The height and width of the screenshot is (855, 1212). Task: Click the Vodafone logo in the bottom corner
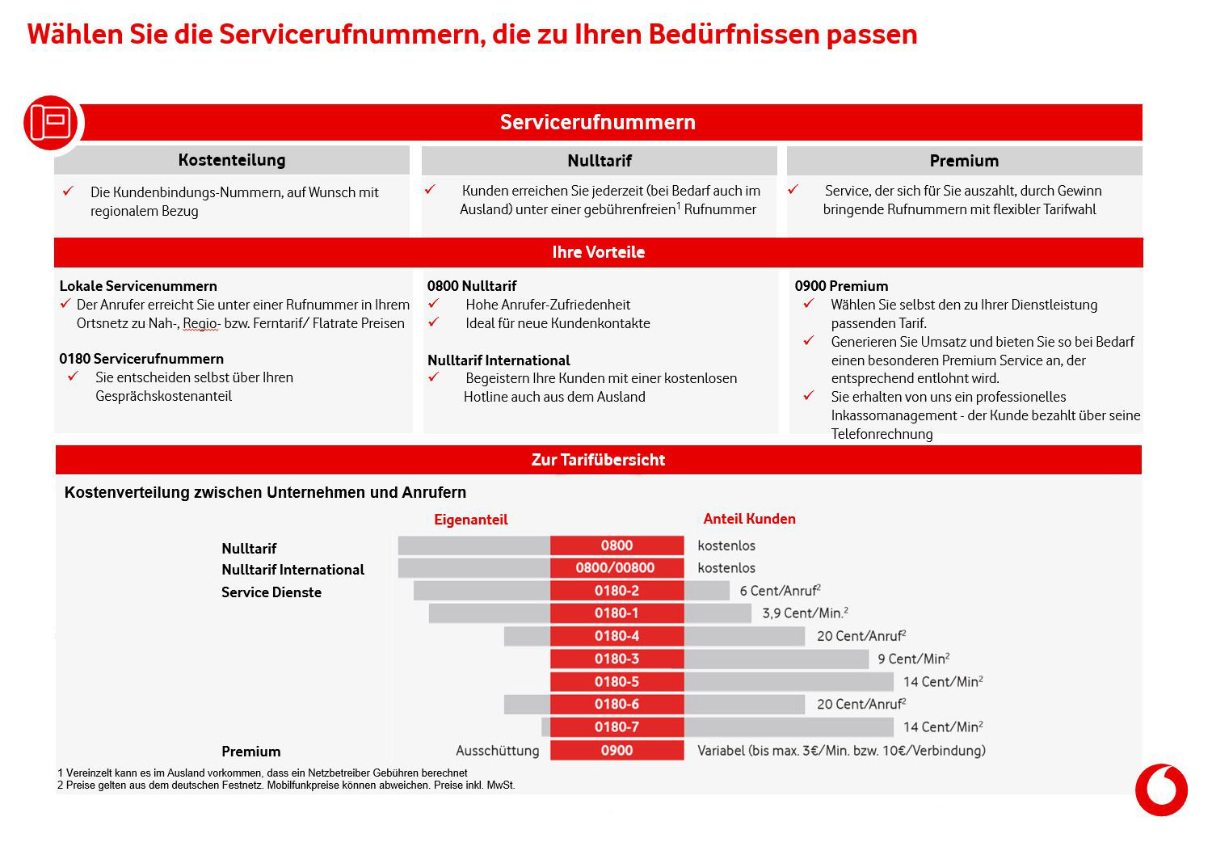point(1161,790)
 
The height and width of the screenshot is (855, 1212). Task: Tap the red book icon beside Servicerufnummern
point(51,123)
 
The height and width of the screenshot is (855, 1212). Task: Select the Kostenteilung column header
point(232,160)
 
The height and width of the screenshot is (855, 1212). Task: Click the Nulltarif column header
point(599,161)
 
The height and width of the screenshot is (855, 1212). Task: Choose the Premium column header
point(964,161)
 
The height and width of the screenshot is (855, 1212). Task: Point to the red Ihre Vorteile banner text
point(598,252)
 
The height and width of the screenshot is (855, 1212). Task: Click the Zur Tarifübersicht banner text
point(598,460)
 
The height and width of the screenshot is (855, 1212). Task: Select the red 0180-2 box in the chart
point(617,591)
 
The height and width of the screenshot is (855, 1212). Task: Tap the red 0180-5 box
point(617,681)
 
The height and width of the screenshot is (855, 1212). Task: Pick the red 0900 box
point(617,751)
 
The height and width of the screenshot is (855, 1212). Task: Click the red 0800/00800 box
point(616,568)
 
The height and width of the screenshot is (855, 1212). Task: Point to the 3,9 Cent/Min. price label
point(805,613)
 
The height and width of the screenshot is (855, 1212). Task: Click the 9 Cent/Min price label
point(913,659)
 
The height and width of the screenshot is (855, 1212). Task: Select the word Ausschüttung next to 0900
point(497,751)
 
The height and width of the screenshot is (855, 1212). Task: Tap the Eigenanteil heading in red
point(470,520)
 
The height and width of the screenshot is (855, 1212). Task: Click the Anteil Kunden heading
point(749,519)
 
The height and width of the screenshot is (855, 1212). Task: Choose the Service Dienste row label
point(271,592)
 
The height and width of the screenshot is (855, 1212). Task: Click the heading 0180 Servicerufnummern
point(141,359)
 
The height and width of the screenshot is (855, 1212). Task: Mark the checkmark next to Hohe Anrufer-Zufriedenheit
point(434,304)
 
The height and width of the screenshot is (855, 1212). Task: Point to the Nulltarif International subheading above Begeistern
point(499,360)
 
